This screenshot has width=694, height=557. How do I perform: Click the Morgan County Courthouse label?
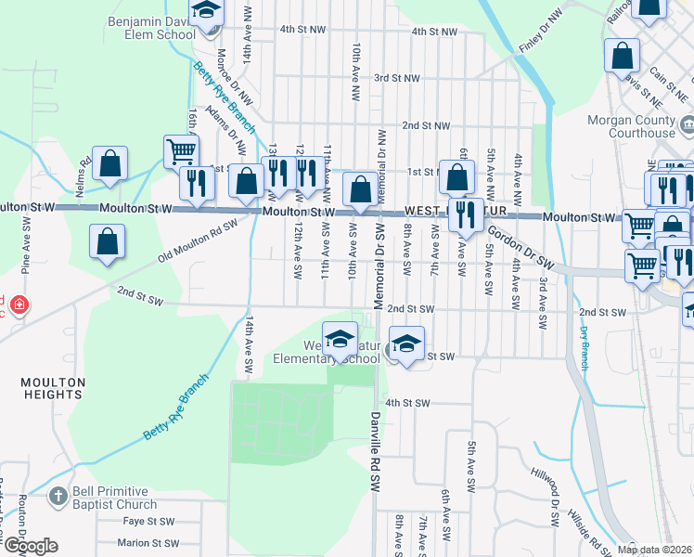pyautogui.click(x=631, y=126)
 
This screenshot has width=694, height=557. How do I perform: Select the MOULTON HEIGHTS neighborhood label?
pyautogui.click(x=54, y=388)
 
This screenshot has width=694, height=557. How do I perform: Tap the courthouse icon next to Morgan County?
pyautogui.click(x=688, y=124)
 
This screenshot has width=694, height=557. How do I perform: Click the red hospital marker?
pyautogui.click(x=19, y=304)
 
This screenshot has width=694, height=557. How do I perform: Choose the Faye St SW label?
pyautogui.click(x=148, y=522)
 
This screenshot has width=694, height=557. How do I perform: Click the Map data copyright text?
pyautogui.click(x=654, y=550)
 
